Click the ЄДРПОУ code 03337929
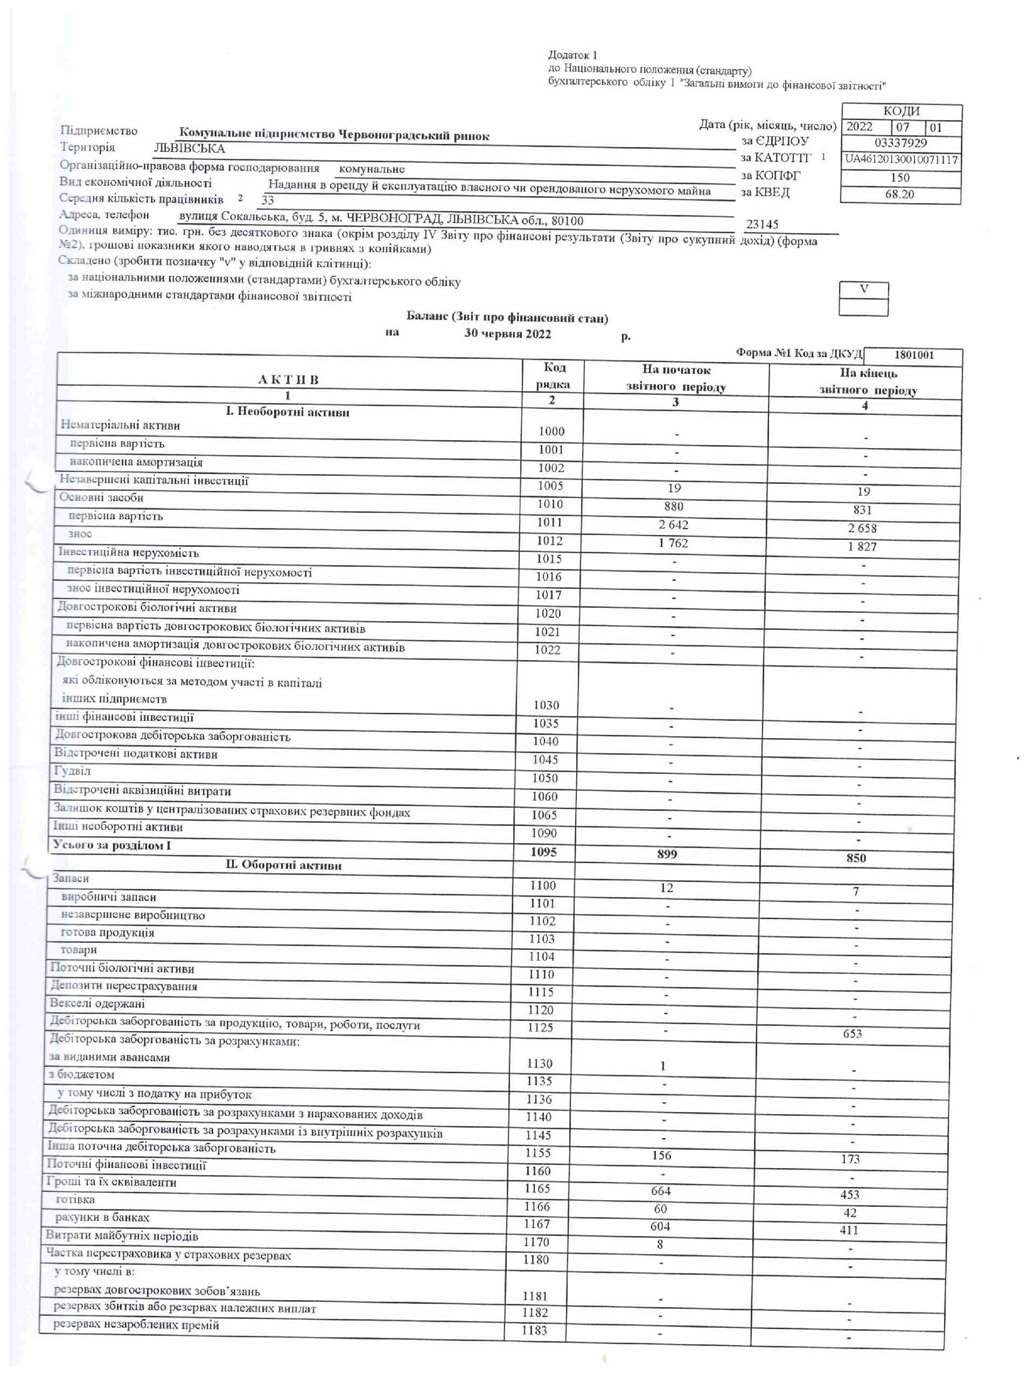[900, 143]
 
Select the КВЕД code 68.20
[899, 194]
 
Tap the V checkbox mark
[863, 289]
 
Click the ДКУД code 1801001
[913, 355]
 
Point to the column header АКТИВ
[288, 380]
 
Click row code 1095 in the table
[543, 852]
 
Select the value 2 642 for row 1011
[673, 525]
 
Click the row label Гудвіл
[72, 771]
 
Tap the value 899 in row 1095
[666, 854]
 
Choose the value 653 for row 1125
[852, 1033]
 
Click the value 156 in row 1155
[661, 1155]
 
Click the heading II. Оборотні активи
[283, 865]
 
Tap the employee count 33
[267, 200]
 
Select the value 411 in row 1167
[849, 1230]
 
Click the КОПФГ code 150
[899, 177]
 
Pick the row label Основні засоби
[101, 497]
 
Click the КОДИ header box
[900, 112]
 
